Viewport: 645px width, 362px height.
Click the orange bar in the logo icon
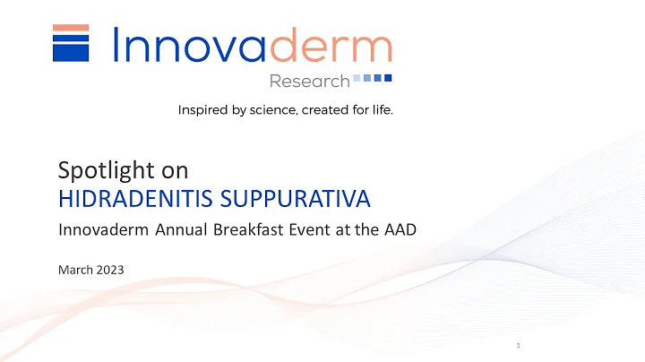pyautogui.click(x=71, y=28)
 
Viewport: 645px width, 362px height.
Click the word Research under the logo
pyautogui.click(x=309, y=82)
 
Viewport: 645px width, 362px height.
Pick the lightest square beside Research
pyautogui.click(x=357, y=79)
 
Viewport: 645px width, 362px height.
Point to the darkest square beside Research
pyautogui.click(x=388, y=79)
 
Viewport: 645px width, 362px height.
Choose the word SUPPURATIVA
pyautogui.click(x=279, y=196)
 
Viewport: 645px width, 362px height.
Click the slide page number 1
pyautogui.click(x=519, y=344)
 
